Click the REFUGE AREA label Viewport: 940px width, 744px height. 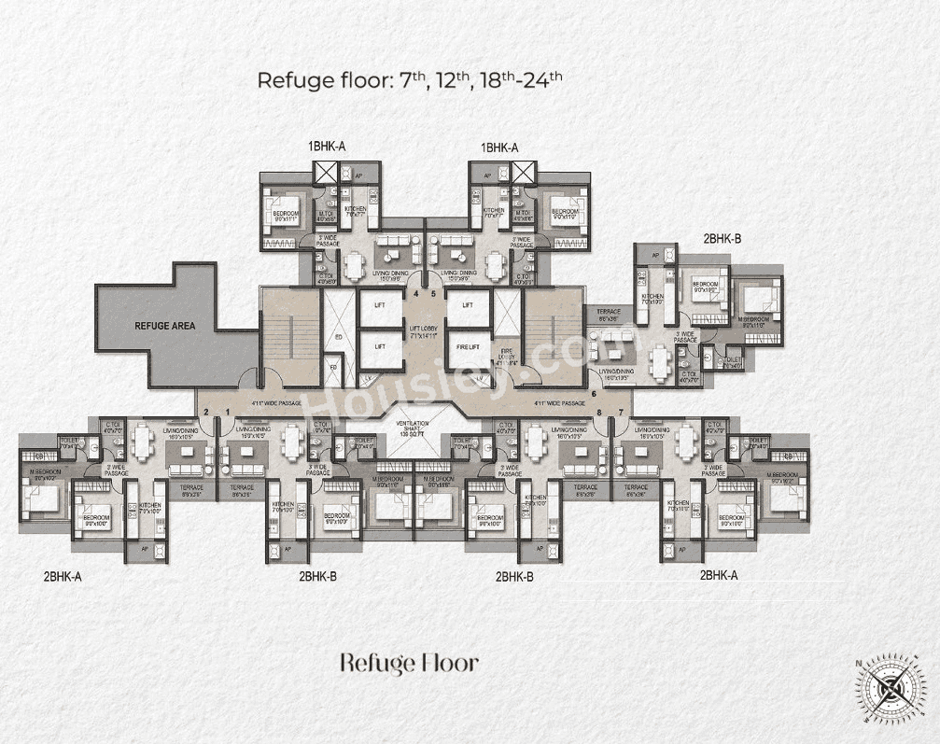(x=165, y=327)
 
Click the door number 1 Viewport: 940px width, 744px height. (x=226, y=412)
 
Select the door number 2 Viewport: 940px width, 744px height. (x=206, y=412)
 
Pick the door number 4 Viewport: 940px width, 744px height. (x=416, y=293)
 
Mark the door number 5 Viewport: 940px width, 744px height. (x=433, y=293)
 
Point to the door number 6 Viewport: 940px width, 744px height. (x=593, y=394)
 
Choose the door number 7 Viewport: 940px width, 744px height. (x=621, y=412)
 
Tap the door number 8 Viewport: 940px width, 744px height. (x=599, y=412)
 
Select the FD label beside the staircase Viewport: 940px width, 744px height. (x=333, y=367)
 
